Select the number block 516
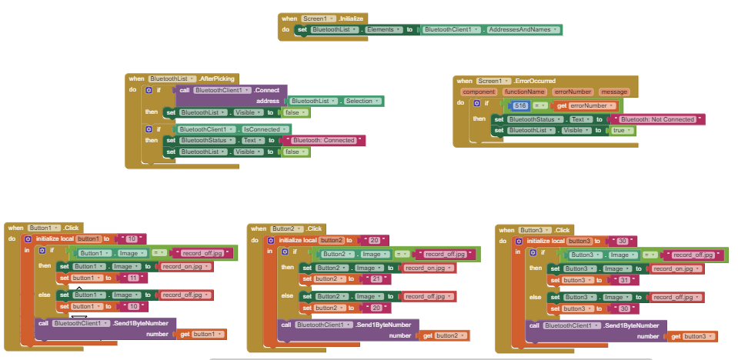520,105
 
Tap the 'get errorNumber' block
586,105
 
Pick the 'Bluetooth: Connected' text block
324,141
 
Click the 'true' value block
620,131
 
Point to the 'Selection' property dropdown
359,102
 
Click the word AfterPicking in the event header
216,78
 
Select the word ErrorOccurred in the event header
538,81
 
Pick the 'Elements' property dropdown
382,29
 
